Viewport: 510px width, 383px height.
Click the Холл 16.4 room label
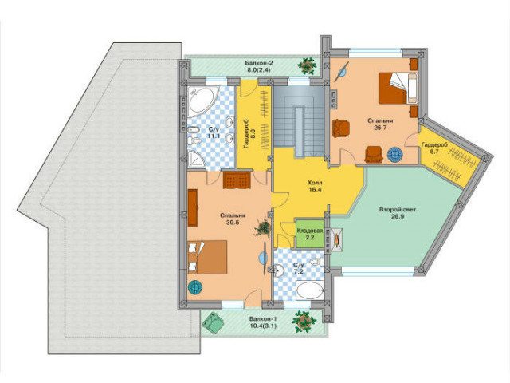tap(315, 186)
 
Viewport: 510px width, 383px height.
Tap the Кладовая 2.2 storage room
tap(310, 234)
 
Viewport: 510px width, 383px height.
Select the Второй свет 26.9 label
tap(398, 213)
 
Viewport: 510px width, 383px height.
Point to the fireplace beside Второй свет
tap(337, 239)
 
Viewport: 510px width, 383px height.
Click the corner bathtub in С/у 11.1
tap(200, 101)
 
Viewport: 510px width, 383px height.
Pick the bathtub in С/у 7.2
tap(310, 290)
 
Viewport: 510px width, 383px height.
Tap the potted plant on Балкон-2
tap(307, 65)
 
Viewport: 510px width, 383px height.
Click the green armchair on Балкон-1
tap(213, 322)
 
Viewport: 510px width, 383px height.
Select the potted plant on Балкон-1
tap(304, 321)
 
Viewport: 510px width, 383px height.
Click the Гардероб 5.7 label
tap(434, 148)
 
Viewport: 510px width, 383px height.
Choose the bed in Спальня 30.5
tap(207, 257)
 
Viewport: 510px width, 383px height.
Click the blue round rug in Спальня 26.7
tap(395, 155)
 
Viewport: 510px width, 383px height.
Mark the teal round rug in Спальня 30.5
tap(195, 288)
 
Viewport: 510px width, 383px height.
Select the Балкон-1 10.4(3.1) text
tap(263, 322)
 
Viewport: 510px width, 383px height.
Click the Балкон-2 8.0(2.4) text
tap(258, 66)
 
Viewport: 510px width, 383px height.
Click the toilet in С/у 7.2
tap(316, 262)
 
